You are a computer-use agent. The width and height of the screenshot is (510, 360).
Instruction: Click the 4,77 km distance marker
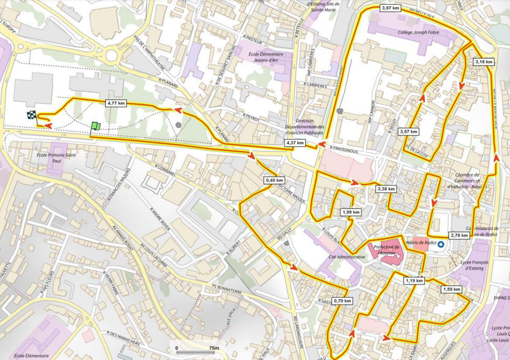click(116, 103)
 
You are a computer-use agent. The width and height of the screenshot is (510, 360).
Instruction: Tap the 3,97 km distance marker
click(390, 8)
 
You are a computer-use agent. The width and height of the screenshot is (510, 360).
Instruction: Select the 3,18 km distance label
click(484, 62)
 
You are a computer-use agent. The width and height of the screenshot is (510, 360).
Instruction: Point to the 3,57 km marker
click(409, 132)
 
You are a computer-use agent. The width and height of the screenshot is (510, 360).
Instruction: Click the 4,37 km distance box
click(295, 143)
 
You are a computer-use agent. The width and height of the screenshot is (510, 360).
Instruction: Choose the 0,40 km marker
click(275, 181)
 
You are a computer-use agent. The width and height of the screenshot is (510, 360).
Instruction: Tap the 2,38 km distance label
click(386, 188)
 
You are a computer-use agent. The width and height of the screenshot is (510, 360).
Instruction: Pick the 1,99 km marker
click(351, 212)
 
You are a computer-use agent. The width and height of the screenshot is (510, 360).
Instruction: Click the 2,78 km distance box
click(459, 235)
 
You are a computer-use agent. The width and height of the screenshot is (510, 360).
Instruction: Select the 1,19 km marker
click(414, 280)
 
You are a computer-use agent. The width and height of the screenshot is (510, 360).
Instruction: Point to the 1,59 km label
click(451, 289)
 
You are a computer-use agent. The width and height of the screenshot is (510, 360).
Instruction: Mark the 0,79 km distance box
click(342, 301)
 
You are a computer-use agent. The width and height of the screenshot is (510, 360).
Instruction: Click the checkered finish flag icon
click(31, 116)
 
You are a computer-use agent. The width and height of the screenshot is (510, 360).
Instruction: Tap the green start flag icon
click(95, 125)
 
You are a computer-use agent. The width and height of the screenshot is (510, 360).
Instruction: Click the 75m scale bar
click(197, 352)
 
